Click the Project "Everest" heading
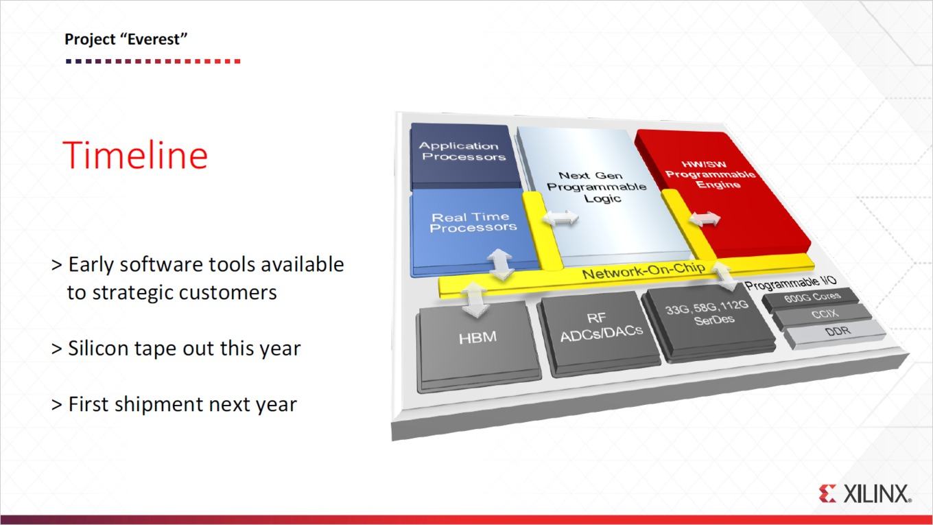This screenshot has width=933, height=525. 126,39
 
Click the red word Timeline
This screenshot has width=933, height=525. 135,155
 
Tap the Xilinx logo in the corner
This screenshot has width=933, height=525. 864,494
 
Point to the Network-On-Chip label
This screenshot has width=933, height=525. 643,271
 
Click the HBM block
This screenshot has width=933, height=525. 477,346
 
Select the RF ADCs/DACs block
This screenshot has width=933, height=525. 600,331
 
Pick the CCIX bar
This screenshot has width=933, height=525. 823,315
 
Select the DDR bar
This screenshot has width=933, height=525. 836,334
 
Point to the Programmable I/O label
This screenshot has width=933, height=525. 790,283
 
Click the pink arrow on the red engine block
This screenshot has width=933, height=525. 705,218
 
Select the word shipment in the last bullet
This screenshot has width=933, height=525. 158,405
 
